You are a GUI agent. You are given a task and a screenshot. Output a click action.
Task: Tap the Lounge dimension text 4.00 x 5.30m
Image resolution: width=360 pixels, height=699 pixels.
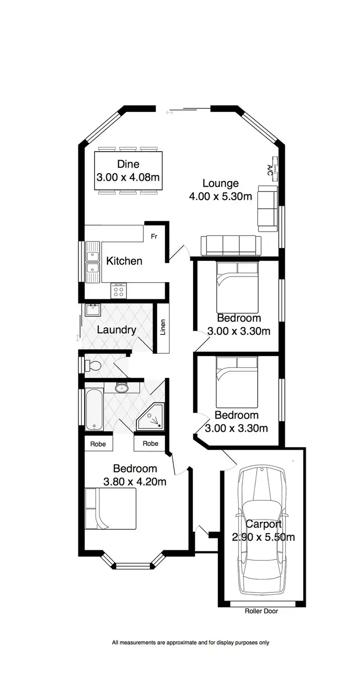220,196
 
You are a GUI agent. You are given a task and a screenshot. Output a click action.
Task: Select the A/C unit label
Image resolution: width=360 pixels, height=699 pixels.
270,169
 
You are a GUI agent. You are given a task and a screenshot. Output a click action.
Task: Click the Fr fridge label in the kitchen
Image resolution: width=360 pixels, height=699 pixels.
154,237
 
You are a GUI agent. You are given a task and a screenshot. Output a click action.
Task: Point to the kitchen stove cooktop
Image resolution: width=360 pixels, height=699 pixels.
118,290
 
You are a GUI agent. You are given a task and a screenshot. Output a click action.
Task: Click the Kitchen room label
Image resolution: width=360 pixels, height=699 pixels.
124,261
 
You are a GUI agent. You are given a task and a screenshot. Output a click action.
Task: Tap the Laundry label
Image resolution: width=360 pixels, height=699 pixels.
117,330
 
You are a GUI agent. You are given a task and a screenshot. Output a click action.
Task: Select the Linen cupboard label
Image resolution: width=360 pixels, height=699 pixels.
163,328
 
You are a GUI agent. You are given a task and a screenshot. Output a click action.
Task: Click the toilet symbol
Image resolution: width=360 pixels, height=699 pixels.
93,366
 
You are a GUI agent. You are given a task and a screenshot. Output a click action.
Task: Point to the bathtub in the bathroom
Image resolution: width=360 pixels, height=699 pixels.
93,409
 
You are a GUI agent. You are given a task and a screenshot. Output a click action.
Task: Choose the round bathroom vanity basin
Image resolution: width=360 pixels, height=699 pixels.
122,387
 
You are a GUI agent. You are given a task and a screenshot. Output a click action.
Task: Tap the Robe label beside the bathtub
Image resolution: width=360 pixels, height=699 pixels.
98,444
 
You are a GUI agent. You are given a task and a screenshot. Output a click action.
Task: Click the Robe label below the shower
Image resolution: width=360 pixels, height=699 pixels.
150,444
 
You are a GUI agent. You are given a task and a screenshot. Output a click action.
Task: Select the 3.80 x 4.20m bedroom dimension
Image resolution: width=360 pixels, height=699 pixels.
135,481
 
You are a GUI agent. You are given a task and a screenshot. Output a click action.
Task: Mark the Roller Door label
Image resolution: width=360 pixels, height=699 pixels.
261,611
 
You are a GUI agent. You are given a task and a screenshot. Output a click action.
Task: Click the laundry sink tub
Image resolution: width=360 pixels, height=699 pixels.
93,309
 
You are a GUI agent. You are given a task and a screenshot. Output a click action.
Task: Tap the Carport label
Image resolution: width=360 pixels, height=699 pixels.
264,524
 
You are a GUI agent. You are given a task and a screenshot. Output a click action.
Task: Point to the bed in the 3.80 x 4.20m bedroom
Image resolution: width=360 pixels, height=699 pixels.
110,509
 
